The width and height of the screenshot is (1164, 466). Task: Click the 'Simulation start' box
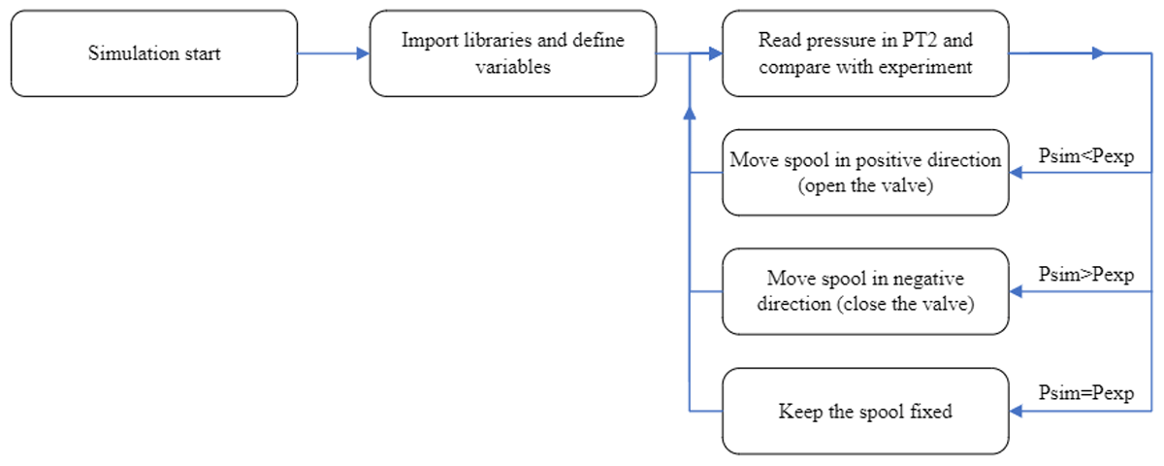[154, 53]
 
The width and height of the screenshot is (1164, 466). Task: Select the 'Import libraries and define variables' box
[513, 53]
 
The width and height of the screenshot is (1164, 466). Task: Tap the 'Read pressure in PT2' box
[865, 53]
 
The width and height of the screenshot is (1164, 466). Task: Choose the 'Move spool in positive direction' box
[865, 173]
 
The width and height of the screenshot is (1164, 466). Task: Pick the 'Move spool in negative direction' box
[865, 291]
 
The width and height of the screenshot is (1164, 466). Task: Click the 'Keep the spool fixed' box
[865, 412]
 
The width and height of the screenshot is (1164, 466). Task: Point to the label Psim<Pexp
[1086, 156]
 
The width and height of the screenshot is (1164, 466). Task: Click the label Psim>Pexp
[1086, 275]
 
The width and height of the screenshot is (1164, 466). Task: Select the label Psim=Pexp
[1086, 393]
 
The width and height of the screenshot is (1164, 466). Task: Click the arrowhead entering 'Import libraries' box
[363, 53]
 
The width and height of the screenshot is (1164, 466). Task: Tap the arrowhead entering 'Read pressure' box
[716, 53]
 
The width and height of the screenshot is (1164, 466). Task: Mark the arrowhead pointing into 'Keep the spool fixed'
[1016, 412]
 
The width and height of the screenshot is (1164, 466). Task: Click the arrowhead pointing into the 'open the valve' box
[1016, 173]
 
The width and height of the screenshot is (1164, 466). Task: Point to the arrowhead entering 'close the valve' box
[1016, 291]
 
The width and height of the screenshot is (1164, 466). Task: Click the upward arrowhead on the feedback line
[690, 113]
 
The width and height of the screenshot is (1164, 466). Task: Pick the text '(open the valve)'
[865, 185]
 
